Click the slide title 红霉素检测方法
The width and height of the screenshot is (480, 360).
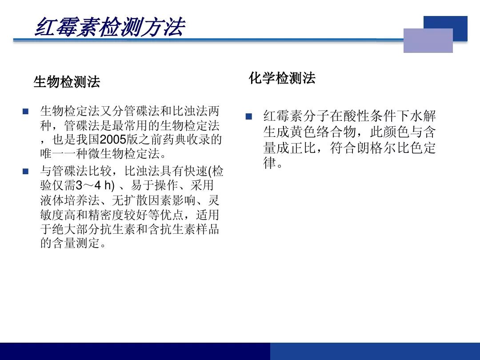point(110,27)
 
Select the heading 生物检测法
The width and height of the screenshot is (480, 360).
point(67,82)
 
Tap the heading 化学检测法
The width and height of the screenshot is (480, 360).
point(282,78)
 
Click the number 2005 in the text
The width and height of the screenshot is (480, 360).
point(113,140)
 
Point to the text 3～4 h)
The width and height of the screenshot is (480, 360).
point(95,185)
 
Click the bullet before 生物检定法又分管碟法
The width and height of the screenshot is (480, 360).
point(25,111)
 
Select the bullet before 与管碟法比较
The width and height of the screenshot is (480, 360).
point(25,171)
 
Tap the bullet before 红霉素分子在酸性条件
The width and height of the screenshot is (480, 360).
point(248,116)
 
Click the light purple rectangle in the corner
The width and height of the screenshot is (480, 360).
point(428,40)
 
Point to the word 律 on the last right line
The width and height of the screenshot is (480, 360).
point(269,163)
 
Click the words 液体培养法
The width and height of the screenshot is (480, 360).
point(70,200)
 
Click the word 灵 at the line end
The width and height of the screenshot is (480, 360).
point(214,200)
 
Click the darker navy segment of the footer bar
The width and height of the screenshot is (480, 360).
point(135,352)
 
